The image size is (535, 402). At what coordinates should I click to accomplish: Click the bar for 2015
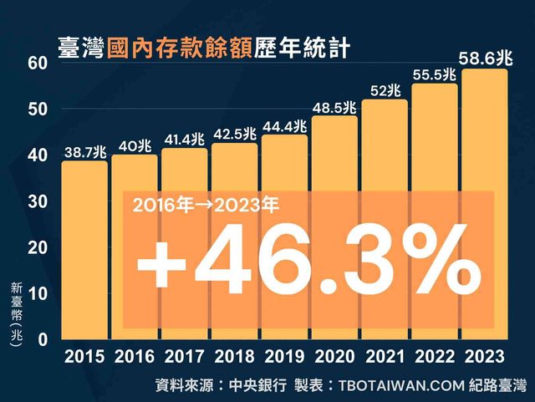[x=84, y=251]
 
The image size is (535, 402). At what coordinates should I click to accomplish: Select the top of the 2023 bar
[x=485, y=70]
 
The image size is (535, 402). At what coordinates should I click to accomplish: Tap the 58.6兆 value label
[x=485, y=58]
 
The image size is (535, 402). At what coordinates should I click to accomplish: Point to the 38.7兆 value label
[x=84, y=151]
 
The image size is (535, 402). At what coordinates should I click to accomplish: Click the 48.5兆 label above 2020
[x=334, y=107]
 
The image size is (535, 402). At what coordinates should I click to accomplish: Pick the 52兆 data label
[x=385, y=90]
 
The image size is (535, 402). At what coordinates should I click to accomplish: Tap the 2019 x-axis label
[x=285, y=356]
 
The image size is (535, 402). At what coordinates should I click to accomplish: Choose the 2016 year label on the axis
[x=135, y=356]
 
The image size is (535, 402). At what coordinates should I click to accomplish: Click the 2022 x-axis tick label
[x=435, y=356]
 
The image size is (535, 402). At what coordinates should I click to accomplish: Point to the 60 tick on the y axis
[x=36, y=64]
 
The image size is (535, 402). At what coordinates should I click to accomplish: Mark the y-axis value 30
[x=36, y=201]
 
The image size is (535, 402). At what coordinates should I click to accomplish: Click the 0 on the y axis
[x=40, y=338]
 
